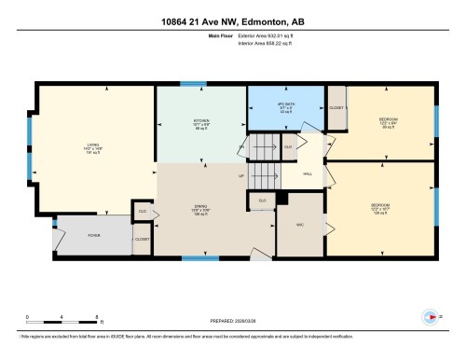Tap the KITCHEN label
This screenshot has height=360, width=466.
[200, 121]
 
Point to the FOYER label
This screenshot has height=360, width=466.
[69, 236]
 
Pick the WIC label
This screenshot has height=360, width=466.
[299, 224]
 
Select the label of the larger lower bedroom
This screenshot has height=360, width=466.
[379, 205]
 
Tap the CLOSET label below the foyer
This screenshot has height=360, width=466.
[142, 240]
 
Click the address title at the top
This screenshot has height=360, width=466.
[233, 11]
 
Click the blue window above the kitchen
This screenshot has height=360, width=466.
[193, 85]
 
